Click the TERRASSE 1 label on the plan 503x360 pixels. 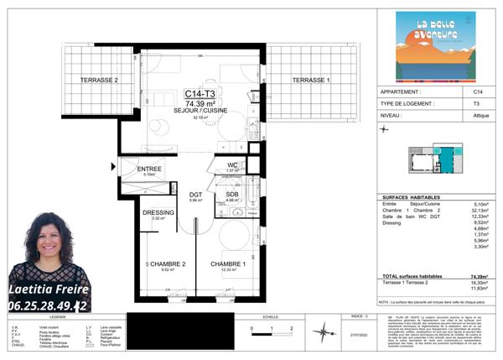coord(311,80)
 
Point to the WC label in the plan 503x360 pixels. coord(233,164)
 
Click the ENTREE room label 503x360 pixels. coord(150,169)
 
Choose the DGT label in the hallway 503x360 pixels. coord(196,195)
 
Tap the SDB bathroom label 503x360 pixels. coord(233,195)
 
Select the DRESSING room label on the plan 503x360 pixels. coord(158,212)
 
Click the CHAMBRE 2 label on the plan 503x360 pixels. coord(167,263)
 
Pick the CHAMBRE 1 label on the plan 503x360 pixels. coord(227,263)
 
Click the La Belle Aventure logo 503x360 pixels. coord(435,46)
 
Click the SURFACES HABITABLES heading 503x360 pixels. coord(407,196)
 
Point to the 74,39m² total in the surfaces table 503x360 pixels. coord(478,276)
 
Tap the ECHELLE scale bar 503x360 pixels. coord(270,328)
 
